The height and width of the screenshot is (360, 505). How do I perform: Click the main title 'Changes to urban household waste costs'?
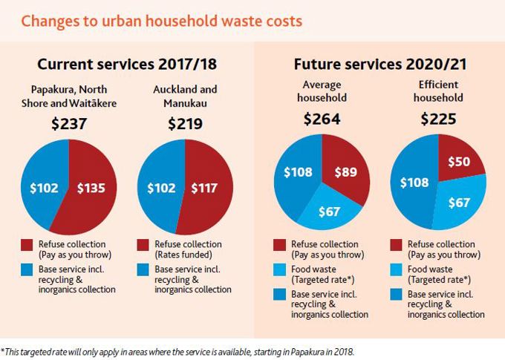(161, 20)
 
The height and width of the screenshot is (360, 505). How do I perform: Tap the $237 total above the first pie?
(69, 123)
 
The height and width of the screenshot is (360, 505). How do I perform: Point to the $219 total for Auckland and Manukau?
(185, 123)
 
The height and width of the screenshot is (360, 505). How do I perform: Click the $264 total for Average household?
(322, 119)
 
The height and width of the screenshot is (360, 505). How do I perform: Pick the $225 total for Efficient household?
(438, 119)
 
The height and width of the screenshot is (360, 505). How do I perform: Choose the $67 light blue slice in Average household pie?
(328, 212)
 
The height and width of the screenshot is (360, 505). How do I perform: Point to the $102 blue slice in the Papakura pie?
(45, 188)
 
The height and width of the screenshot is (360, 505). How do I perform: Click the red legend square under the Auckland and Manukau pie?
(143, 244)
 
